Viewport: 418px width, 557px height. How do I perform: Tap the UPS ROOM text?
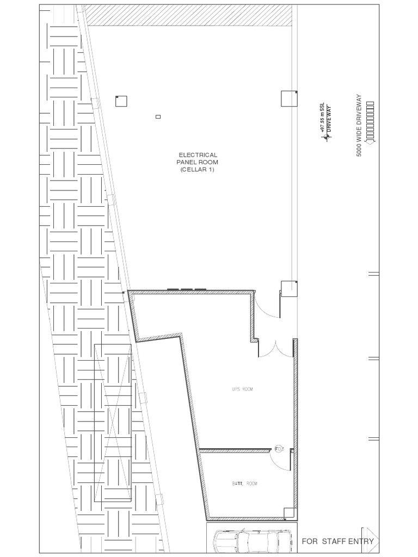pyautogui.click(x=243, y=389)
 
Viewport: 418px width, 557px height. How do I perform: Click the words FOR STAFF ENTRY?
pyautogui.click(x=337, y=541)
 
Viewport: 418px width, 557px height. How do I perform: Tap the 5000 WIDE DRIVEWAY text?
pyautogui.click(x=359, y=126)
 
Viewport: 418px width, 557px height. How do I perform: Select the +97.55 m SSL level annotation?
pyautogui.click(x=322, y=117)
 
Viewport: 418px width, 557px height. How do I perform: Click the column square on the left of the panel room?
pyautogui.click(x=121, y=101)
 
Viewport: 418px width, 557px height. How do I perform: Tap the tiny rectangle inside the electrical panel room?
pyautogui.click(x=158, y=116)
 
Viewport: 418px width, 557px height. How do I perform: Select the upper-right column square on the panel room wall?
pyautogui.click(x=289, y=98)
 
